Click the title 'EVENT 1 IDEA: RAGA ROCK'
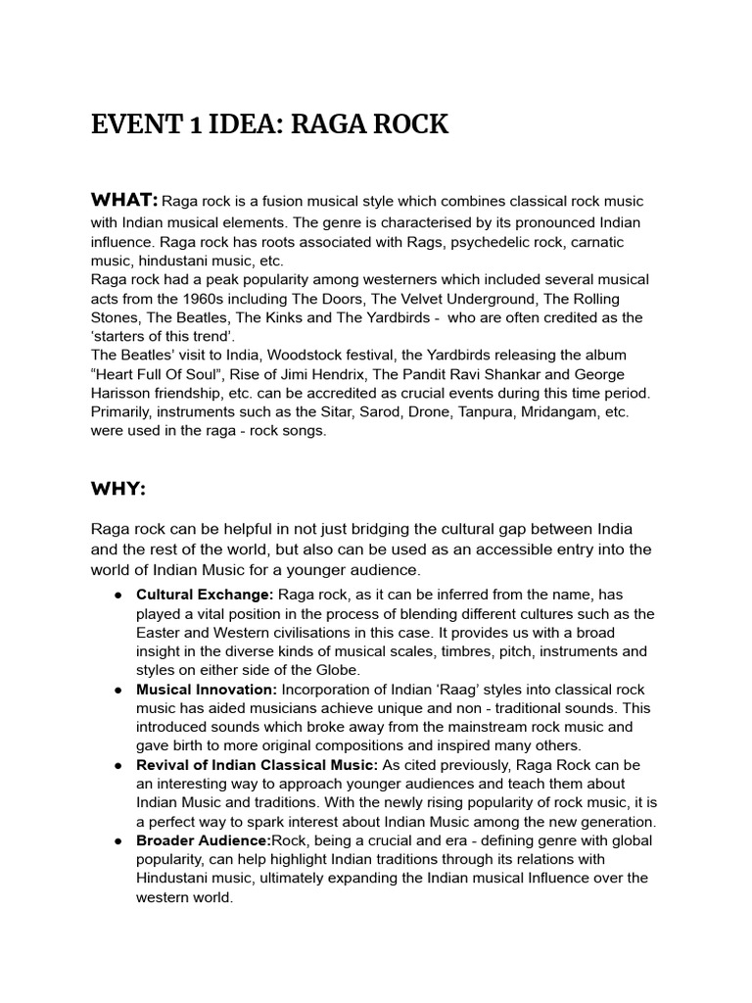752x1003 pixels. pos(269,125)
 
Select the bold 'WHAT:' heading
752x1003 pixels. pos(124,201)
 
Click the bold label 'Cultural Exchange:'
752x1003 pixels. pos(205,595)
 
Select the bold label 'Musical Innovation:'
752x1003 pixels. pos(208,690)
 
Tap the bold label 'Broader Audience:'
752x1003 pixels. pos(203,840)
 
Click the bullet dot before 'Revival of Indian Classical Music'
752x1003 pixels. pos(117,765)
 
